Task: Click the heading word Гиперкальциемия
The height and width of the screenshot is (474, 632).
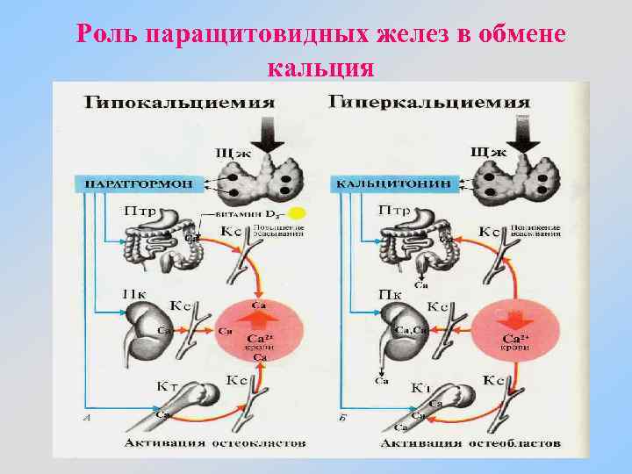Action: (x=429, y=102)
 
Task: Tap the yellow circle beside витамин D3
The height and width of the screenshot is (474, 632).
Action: (x=298, y=212)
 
